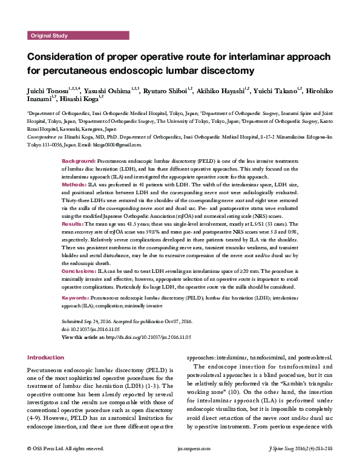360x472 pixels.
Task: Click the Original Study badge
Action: pyautogui.click(x=50, y=36)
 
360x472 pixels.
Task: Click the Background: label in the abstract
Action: pyautogui.click(x=79, y=163)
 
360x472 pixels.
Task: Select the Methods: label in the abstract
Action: pyautogui.click(x=75, y=183)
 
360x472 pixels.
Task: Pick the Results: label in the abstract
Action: pyautogui.click(x=74, y=223)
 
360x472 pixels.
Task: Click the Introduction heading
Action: pyautogui.click(x=45, y=358)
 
